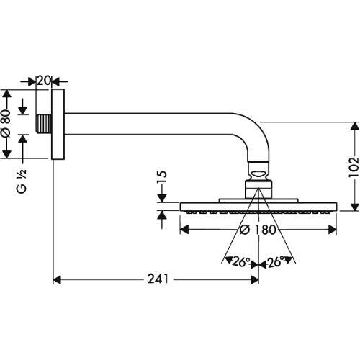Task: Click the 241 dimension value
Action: click(x=158, y=279)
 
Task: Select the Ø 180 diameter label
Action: click(x=258, y=230)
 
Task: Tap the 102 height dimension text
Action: click(x=354, y=167)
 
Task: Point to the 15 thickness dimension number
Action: click(x=163, y=177)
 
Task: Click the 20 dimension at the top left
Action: click(x=44, y=81)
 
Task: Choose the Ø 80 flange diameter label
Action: click(x=7, y=124)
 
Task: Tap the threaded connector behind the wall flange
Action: click(x=44, y=124)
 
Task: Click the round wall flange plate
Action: click(x=58, y=124)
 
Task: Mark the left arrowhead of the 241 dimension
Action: click(x=58, y=279)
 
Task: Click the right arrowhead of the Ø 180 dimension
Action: click(x=333, y=230)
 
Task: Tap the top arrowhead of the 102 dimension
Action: click(x=354, y=126)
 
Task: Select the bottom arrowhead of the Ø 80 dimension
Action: click(x=7, y=154)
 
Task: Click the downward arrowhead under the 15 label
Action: click(x=163, y=198)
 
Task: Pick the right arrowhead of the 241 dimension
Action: click(x=254, y=279)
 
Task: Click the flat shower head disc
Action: click(x=258, y=207)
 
